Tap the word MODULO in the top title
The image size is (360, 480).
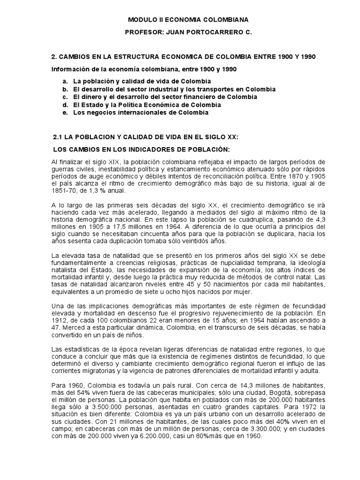pos(140,20)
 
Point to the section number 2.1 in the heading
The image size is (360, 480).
pos(59,137)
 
